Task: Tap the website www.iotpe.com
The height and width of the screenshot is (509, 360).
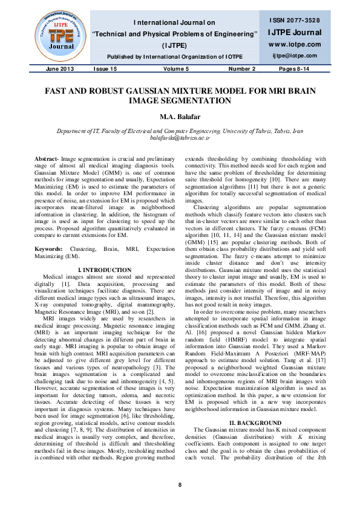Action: (295, 45)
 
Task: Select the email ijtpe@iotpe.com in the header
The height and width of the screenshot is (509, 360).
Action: (295, 56)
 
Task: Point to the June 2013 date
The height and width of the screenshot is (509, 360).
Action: (59, 69)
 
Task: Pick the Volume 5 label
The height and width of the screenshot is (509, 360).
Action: (175, 69)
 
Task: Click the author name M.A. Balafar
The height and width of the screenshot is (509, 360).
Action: (180, 116)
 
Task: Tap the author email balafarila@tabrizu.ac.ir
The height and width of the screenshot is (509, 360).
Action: (180, 138)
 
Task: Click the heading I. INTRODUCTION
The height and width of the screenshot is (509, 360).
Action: (106, 269)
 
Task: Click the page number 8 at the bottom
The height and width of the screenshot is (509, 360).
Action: (180, 485)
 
